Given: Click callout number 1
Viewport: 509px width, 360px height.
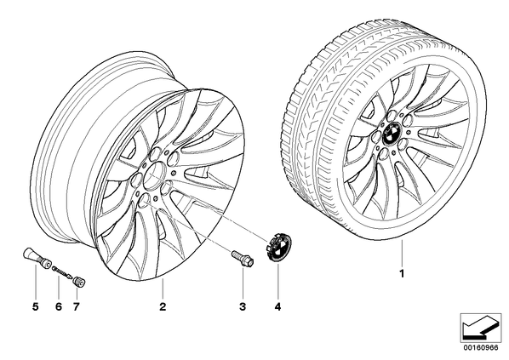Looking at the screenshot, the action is coord(402,274).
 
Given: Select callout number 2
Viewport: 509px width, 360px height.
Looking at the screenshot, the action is coord(163,306).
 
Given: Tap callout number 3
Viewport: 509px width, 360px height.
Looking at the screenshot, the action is coord(243,306).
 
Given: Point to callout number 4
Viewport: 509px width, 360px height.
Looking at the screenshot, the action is coord(277,306).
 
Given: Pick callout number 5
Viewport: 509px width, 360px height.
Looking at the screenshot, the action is coord(36,306).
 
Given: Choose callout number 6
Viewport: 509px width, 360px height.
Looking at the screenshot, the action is coord(59,306).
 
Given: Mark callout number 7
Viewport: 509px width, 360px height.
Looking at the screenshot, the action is coord(76,306).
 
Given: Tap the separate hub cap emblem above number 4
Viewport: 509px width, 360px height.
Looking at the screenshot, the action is coord(279,247).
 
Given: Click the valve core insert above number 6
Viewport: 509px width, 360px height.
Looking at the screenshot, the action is coord(63,271).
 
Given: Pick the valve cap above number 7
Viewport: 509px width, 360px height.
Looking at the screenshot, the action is coord(79,281).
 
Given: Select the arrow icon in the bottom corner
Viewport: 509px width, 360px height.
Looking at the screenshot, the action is coord(481,328).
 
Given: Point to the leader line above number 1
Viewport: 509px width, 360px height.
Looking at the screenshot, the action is coord(402,254).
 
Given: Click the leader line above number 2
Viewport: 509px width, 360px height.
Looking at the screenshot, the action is coord(163,289).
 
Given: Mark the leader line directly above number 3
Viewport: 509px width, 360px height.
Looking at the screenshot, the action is coord(243,283).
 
